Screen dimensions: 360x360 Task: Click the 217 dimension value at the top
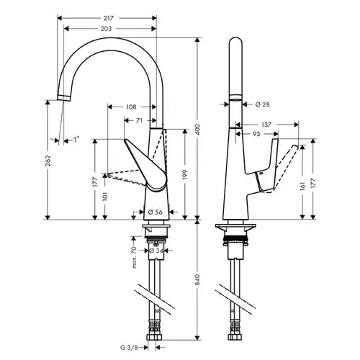[109, 18]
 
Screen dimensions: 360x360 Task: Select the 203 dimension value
[106, 29]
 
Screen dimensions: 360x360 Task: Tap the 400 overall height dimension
[197, 130]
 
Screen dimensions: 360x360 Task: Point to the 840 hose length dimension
[197, 279]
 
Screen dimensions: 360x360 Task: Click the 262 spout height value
[48, 161]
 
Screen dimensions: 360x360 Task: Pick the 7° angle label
[76, 140]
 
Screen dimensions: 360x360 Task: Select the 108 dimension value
[131, 107]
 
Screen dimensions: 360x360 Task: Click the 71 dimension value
[139, 120]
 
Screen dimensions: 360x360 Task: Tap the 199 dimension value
[185, 175]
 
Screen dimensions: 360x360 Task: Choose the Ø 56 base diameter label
[156, 212]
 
